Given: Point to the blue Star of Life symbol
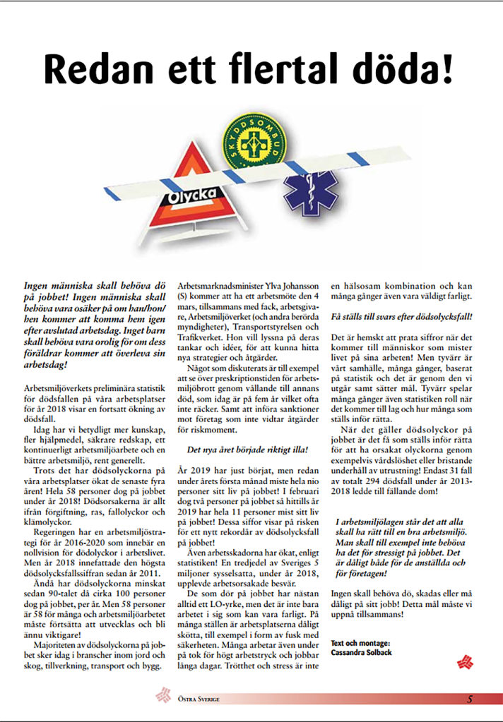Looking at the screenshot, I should coord(311,194).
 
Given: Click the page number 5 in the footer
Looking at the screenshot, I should coord(470,699).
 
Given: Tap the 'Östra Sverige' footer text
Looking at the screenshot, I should coord(197,699).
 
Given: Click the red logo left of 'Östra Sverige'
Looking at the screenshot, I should coord(164,697).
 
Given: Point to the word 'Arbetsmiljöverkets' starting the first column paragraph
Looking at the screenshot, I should coord(57,389).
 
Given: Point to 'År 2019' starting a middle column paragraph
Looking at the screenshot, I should coord(192,469).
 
